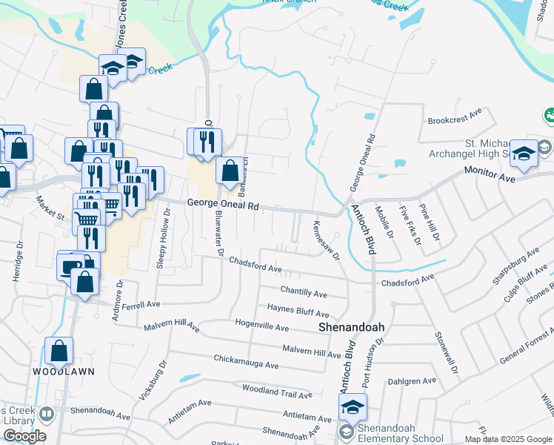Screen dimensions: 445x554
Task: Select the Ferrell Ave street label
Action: pyautogui.click(x=141, y=305)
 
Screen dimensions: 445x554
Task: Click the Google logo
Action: pyautogui.click(x=24, y=435)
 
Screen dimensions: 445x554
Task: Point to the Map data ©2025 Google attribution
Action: pyautogui.click(x=509, y=439)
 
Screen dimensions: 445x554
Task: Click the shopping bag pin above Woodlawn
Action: pyautogui.click(x=59, y=350)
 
